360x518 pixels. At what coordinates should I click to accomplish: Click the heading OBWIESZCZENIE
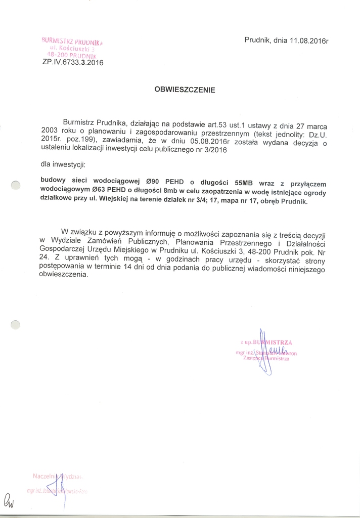pos(185,90)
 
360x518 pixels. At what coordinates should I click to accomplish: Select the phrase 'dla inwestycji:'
pos(63,165)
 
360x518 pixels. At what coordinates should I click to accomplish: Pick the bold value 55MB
pos(241,184)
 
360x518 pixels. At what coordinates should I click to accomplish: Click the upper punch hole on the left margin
pos(16,186)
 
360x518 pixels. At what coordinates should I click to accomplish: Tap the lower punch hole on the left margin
pos(16,325)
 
